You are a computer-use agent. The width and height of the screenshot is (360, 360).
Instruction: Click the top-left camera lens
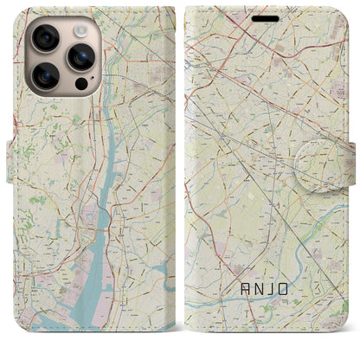(x=46, y=38)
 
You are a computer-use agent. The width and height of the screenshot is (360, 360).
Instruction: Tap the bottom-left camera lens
(x=46, y=75)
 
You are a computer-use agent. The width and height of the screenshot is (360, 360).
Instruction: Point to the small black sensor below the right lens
(x=80, y=85)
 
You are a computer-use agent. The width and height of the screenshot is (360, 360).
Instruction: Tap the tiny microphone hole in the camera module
(x=63, y=57)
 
